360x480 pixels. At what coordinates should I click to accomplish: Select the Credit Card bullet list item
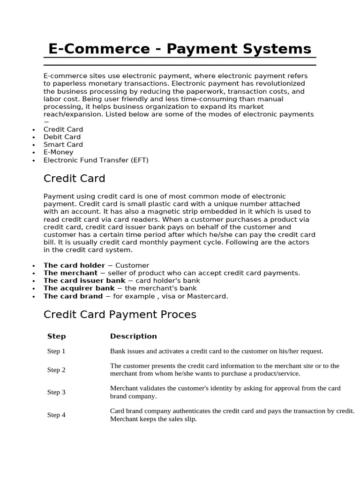(x=63, y=129)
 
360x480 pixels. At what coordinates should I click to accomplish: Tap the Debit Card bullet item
(x=62, y=137)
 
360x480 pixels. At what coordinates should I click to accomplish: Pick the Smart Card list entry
(x=63, y=144)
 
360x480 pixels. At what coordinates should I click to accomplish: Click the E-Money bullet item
(x=59, y=152)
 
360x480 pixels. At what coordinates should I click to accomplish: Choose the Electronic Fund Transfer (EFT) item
(x=96, y=160)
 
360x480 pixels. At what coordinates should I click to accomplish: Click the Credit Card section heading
(x=74, y=179)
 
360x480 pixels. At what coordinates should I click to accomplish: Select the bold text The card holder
(x=74, y=265)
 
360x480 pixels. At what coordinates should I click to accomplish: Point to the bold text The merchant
(x=71, y=273)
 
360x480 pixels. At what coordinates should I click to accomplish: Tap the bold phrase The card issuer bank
(x=84, y=281)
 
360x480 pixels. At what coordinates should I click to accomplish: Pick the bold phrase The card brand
(x=73, y=296)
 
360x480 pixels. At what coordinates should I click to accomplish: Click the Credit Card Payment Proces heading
(x=120, y=315)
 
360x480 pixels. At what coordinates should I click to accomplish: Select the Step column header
(x=56, y=336)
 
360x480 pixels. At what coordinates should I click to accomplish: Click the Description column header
(x=133, y=336)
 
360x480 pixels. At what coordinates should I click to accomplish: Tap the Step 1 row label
(x=56, y=351)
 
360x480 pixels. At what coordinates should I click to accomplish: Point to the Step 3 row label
(x=56, y=392)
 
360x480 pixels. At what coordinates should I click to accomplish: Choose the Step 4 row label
(x=56, y=415)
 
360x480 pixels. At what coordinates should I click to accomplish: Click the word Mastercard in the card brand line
(x=209, y=296)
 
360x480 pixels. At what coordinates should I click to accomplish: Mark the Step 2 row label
(x=56, y=370)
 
